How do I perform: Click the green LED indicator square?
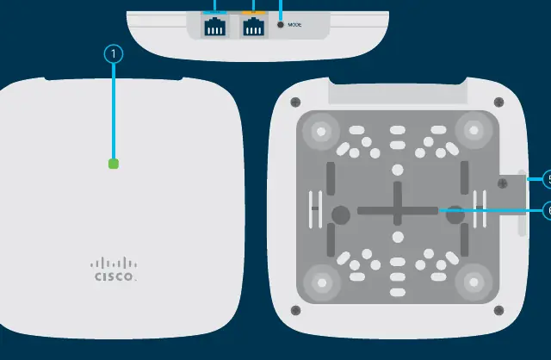click(x=114, y=164)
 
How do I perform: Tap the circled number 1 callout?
click(x=114, y=54)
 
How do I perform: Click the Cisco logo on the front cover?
click(x=114, y=270)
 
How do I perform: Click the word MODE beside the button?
click(x=294, y=25)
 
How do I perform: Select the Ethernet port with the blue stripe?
click(x=214, y=25)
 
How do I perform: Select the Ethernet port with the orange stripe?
click(x=254, y=25)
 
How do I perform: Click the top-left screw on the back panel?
click(x=295, y=102)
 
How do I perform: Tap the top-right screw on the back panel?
click(x=498, y=102)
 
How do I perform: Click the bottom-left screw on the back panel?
click(x=295, y=310)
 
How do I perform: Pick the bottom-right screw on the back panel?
click(x=498, y=310)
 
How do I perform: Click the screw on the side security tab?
click(x=503, y=183)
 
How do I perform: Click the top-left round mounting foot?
click(x=321, y=132)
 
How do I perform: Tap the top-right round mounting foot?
click(x=474, y=130)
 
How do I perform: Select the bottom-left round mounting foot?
click(x=321, y=282)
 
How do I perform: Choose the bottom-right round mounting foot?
click(x=474, y=282)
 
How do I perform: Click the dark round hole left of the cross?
click(x=341, y=214)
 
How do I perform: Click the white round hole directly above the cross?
click(x=398, y=171)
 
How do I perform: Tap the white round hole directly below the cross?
click(x=398, y=238)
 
